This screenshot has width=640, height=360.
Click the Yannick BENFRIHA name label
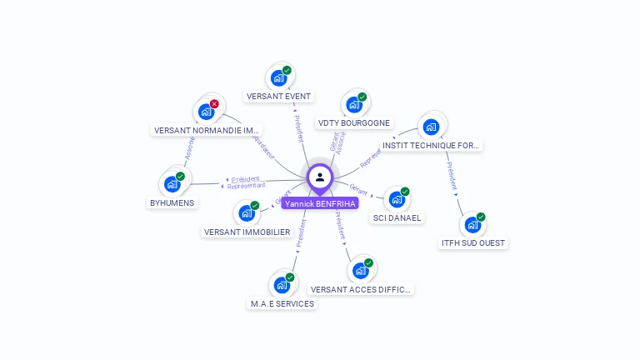(x=320, y=203)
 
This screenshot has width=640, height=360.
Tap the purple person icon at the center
(x=320, y=177)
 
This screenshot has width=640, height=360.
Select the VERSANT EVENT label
(x=278, y=97)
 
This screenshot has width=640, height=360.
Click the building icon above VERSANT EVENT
(x=278, y=78)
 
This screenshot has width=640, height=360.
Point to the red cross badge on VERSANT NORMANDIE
(x=214, y=104)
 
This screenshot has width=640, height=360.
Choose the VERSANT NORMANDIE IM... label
(x=207, y=131)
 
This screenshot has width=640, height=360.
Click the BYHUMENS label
(x=172, y=202)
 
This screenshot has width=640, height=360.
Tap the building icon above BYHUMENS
(x=172, y=184)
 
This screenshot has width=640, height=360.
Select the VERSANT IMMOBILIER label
(x=247, y=232)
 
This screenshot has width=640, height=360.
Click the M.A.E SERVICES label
(x=282, y=304)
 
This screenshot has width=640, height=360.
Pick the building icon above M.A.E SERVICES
(x=282, y=285)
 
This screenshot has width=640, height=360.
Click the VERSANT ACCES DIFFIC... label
(x=361, y=290)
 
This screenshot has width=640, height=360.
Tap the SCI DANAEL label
(x=397, y=218)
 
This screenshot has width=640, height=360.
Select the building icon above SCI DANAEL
(x=397, y=200)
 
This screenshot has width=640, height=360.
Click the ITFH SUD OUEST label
(x=472, y=243)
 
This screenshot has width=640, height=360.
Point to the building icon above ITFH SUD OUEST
(x=472, y=225)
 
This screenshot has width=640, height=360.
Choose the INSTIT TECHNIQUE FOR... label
(x=431, y=146)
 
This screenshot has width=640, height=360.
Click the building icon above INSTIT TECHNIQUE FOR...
(x=431, y=127)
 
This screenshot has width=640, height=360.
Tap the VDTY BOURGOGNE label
(x=354, y=123)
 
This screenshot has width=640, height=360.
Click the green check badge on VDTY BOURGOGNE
(x=362, y=97)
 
